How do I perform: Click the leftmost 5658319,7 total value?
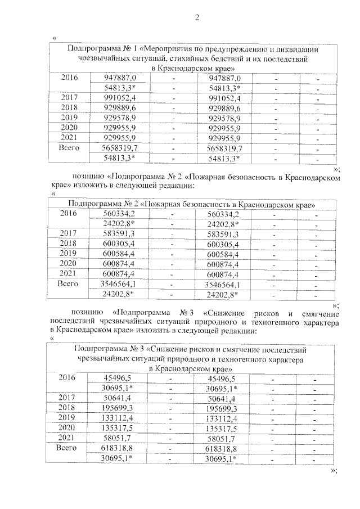click(120, 148)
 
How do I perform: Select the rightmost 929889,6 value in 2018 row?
click(224, 108)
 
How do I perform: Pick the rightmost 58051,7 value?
click(220, 438)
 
